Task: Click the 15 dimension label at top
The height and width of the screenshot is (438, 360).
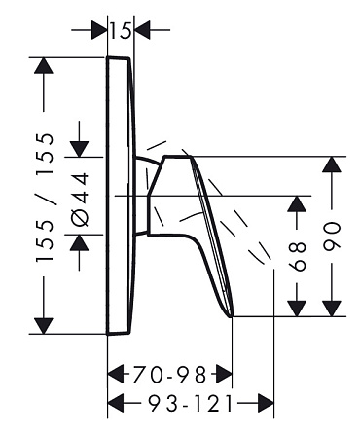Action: (x=121, y=31)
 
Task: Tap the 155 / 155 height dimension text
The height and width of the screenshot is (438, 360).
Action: (x=45, y=198)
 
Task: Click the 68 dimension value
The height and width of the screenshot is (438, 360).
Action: (x=297, y=256)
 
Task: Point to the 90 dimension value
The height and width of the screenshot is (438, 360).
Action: (x=332, y=237)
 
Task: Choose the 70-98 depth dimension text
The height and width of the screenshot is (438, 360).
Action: (x=169, y=374)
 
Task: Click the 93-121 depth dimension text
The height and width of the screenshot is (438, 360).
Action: (x=191, y=404)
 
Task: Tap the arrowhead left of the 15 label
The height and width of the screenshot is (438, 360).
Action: (x=99, y=30)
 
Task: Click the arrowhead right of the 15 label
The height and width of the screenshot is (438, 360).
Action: (x=142, y=30)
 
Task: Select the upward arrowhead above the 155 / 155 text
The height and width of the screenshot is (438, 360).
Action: (x=44, y=66)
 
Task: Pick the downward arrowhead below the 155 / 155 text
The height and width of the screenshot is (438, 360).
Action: (x=44, y=326)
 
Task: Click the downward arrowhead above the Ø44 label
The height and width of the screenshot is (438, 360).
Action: (x=80, y=149)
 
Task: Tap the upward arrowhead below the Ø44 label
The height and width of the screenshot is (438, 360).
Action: (x=80, y=242)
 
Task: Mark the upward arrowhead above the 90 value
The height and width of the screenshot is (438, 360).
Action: (x=332, y=164)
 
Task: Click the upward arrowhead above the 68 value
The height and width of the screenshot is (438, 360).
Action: (x=297, y=204)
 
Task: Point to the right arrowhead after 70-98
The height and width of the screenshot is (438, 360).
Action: (x=224, y=374)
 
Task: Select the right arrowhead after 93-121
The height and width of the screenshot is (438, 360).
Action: (x=266, y=404)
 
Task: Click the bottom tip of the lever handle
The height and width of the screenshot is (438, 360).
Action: (x=232, y=316)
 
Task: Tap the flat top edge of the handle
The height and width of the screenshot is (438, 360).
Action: (x=178, y=157)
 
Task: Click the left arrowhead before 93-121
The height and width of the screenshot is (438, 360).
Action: (x=116, y=404)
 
